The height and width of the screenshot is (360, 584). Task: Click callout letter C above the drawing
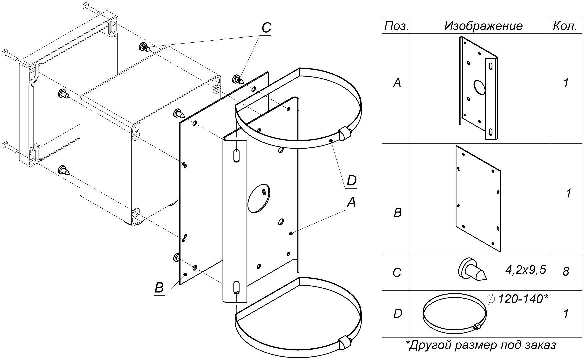click(266, 28)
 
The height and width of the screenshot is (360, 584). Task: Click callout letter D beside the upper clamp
click(351, 181)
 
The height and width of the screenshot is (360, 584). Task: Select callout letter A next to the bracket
click(352, 202)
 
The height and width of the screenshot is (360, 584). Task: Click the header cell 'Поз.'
click(396, 26)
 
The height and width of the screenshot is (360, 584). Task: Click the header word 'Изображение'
click(483, 26)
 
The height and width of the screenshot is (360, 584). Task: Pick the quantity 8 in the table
click(566, 272)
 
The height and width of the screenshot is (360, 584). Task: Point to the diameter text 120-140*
click(522, 299)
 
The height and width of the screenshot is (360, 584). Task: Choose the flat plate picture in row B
click(478, 198)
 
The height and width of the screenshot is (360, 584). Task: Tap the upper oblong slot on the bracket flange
click(236, 155)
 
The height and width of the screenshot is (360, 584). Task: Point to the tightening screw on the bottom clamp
click(345, 343)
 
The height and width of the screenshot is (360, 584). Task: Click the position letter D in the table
click(397, 314)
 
